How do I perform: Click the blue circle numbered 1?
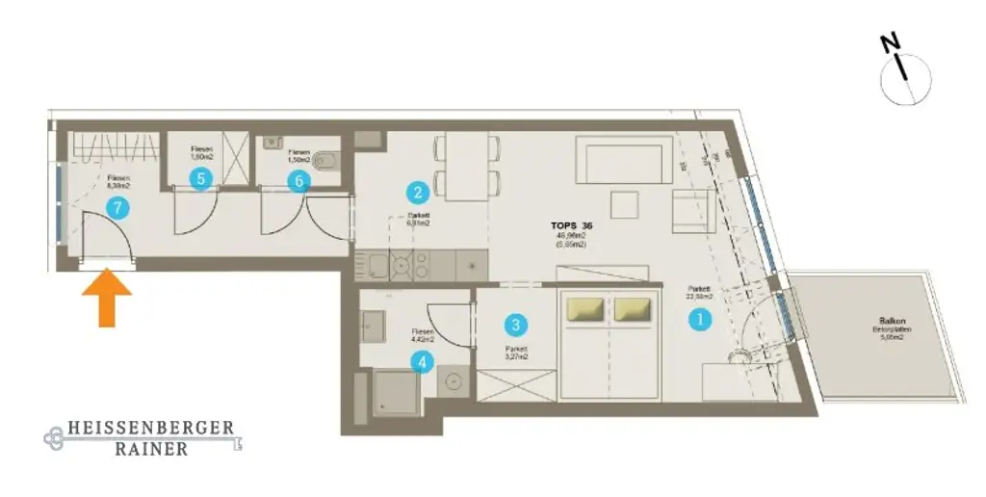[700, 320]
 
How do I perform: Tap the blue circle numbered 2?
[416, 191]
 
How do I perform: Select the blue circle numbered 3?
[517, 326]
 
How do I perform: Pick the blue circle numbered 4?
[421, 362]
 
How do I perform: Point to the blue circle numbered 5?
[200, 178]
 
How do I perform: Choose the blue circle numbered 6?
[298, 178]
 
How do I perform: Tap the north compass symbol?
[906, 73]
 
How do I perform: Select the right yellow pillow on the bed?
[633, 308]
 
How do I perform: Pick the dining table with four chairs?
[467, 166]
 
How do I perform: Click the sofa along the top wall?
[624, 161]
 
